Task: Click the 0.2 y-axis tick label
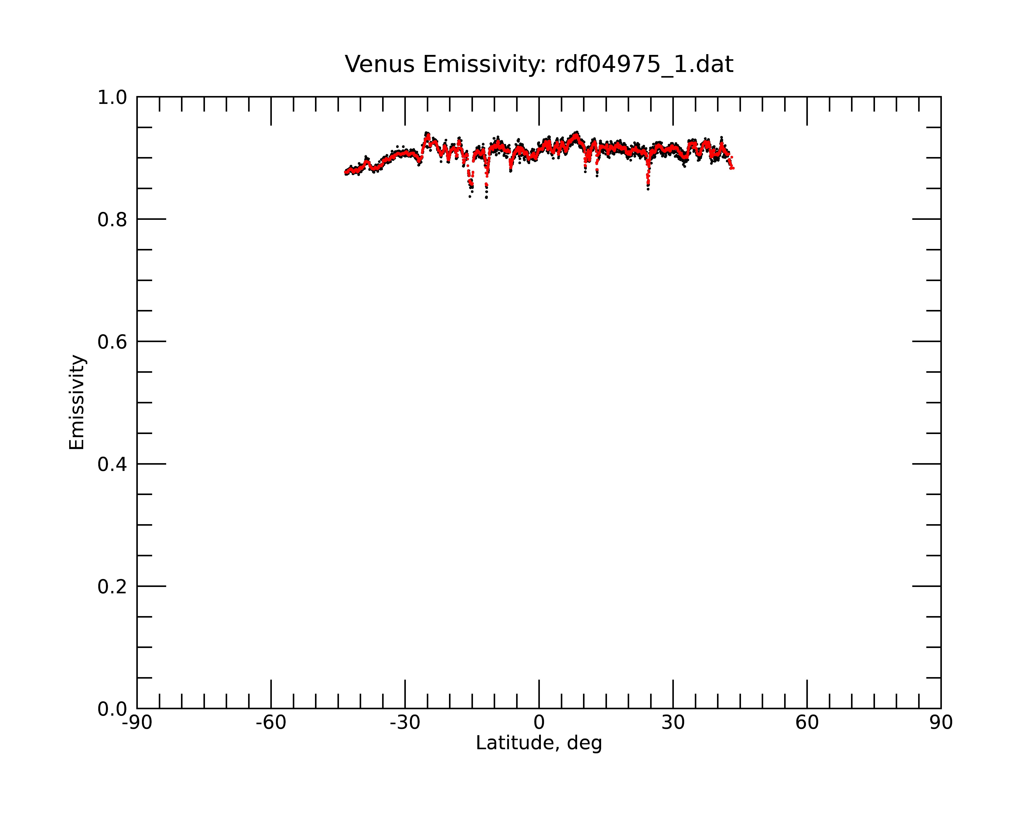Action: click(112, 587)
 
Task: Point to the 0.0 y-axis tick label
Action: click(112, 709)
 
